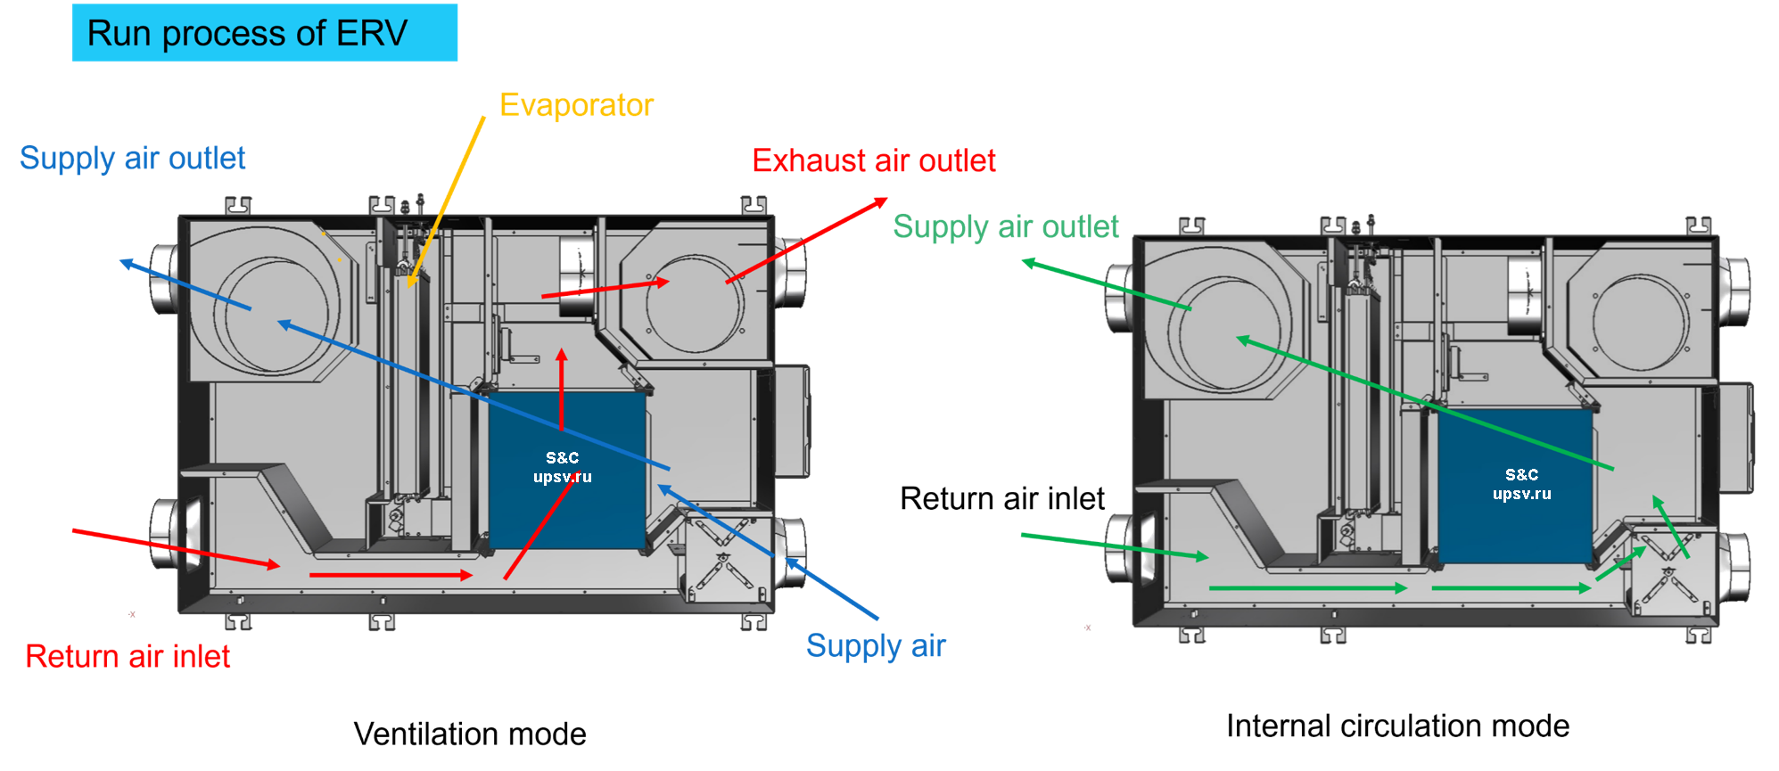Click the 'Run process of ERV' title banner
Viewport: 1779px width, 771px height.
pyautogui.click(x=264, y=33)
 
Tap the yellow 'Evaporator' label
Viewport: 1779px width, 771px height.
pyautogui.click(x=576, y=105)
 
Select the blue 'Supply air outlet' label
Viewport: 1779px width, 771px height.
pyautogui.click(x=132, y=158)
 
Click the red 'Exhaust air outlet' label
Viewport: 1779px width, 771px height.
pyautogui.click(x=873, y=160)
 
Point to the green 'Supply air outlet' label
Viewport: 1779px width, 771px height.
pyautogui.click(x=1005, y=226)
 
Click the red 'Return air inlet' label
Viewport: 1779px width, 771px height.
pyautogui.click(x=128, y=656)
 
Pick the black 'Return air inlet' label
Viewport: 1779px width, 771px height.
pyautogui.click(x=1002, y=498)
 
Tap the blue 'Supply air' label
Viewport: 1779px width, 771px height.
pyautogui.click(x=876, y=646)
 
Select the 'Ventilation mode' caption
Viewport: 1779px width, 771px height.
pyautogui.click(x=470, y=734)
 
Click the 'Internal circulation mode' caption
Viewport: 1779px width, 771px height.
pyautogui.click(x=1397, y=726)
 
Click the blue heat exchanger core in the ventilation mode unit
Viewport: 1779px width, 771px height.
pyautogui.click(x=567, y=470)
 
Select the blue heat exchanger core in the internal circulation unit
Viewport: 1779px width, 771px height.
pyautogui.click(x=1516, y=486)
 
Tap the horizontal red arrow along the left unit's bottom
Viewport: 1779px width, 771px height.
pyautogui.click(x=391, y=575)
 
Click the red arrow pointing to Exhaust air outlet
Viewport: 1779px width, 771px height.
pyautogui.click(x=806, y=241)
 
